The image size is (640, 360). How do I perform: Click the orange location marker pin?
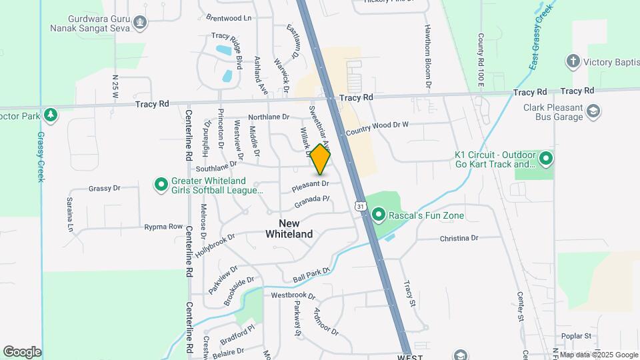(321, 159)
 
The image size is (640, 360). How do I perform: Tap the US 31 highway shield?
(360, 207)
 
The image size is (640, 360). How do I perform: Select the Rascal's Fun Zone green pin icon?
(379, 215)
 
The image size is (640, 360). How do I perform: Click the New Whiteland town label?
(289, 229)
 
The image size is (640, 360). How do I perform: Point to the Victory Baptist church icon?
(572, 62)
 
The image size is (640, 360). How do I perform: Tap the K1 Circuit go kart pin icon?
(546, 159)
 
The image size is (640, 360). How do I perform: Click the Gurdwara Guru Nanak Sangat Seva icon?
(139, 23)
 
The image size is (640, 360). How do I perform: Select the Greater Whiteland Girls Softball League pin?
(161, 185)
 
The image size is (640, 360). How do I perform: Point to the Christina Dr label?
(459, 238)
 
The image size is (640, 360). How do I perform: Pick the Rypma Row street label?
(163, 227)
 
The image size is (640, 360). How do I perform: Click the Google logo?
(22, 351)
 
